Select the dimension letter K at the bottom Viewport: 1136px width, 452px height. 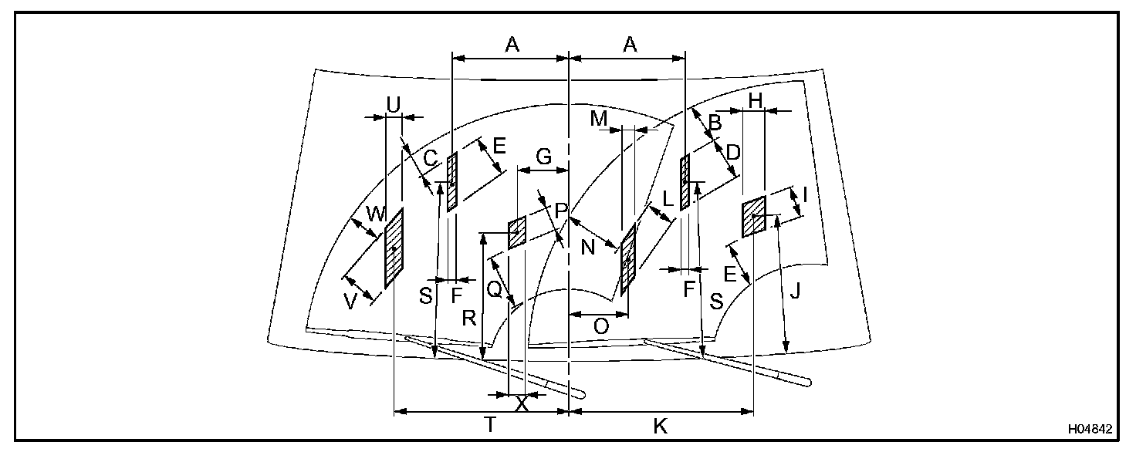[x=660, y=427]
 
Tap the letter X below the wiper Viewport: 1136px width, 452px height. [x=522, y=403]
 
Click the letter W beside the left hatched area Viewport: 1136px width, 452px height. [x=376, y=215]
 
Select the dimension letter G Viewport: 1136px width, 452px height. [x=543, y=157]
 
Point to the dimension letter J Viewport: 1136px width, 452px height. [x=795, y=292]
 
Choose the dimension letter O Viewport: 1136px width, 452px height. [x=601, y=326]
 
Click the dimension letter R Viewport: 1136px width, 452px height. [x=468, y=318]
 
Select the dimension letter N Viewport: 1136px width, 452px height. [x=589, y=249]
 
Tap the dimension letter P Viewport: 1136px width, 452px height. [x=561, y=210]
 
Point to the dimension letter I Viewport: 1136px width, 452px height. [x=805, y=196]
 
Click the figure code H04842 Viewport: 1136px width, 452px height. [x=1090, y=429]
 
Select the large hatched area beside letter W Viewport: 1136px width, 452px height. [x=394, y=248]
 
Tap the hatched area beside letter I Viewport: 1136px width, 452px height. [x=753, y=216]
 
